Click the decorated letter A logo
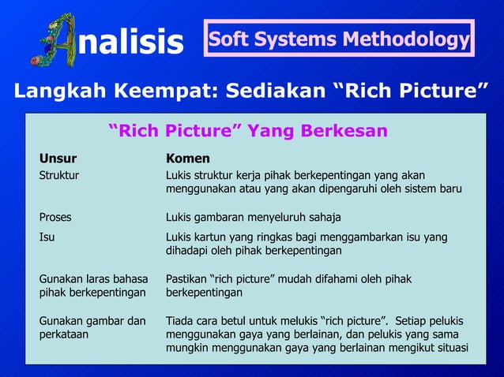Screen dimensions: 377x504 coord(55,40)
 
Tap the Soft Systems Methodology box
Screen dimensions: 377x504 coord(338,39)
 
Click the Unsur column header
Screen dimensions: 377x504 coord(58,159)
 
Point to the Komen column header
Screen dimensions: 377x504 coord(187,159)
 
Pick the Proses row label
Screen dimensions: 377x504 coord(57,217)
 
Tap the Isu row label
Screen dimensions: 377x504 coord(47,237)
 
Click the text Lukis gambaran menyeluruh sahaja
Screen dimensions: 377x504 coord(253,217)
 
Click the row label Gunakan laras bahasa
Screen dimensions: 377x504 coord(92,279)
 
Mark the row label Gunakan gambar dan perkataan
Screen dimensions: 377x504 coord(92,328)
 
